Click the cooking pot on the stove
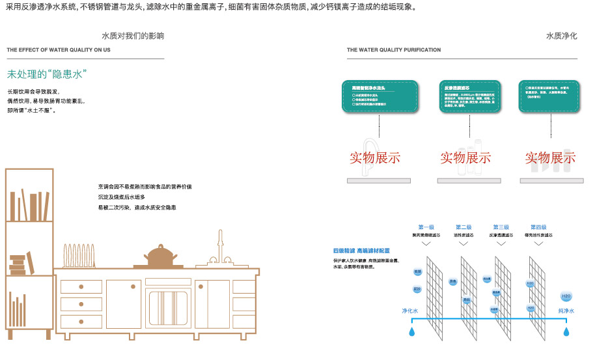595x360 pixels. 159,256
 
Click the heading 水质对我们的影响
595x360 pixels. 133,36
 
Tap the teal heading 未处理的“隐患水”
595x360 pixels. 47,74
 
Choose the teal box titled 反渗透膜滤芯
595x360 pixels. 468,96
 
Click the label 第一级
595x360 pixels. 426,227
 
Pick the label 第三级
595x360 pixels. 500,227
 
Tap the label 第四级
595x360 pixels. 538,227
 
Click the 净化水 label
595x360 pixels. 409,311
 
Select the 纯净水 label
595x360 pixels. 566,311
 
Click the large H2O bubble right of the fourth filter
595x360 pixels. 566,297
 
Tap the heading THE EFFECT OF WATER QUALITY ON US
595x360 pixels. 59,50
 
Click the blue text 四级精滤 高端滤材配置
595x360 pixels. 361,251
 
